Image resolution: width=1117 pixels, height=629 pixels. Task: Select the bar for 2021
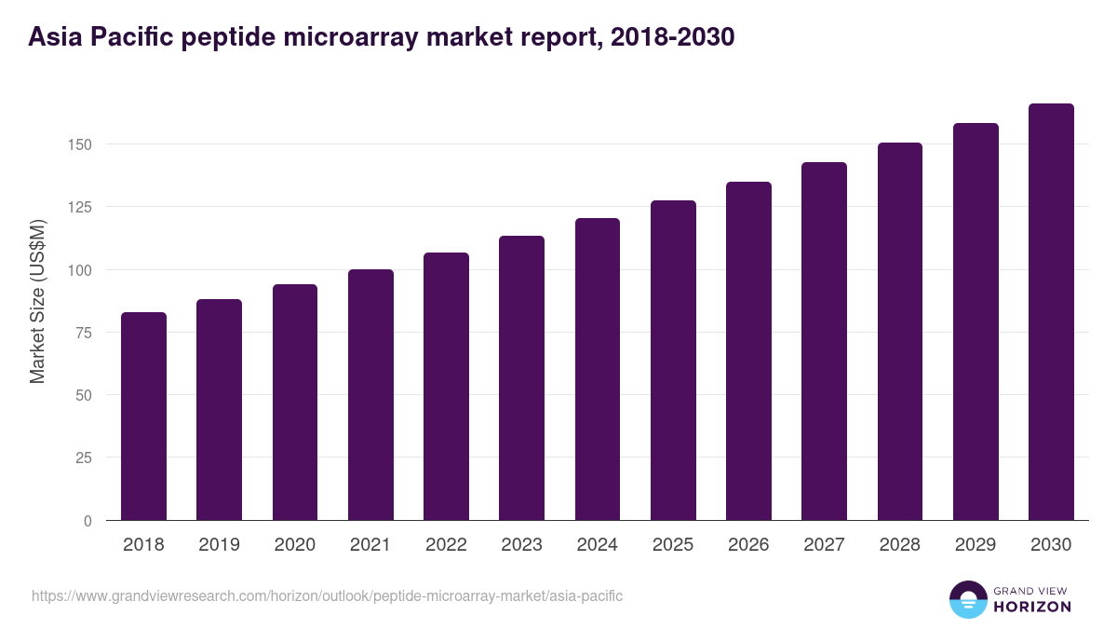[x=370, y=395]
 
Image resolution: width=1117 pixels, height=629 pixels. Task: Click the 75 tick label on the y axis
[x=84, y=333]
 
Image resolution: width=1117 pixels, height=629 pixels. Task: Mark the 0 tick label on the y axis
[x=87, y=521]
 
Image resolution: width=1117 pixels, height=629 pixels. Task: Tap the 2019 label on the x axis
[x=219, y=545]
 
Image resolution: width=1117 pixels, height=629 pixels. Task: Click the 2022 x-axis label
[x=446, y=545]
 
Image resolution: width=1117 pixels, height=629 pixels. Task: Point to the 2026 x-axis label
[x=748, y=545]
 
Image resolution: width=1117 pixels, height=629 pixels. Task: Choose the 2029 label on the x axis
[x=976, y=545]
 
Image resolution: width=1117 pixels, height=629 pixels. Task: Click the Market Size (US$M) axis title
[x=38, y=301]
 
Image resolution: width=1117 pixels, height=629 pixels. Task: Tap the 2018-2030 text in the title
[x=672, y=36]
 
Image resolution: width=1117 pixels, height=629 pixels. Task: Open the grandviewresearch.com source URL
[x=327, y=595]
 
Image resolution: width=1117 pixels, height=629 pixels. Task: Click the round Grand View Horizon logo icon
[x=968, y=599]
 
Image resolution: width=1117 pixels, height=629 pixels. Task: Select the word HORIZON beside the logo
[x=1032, y=607]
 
